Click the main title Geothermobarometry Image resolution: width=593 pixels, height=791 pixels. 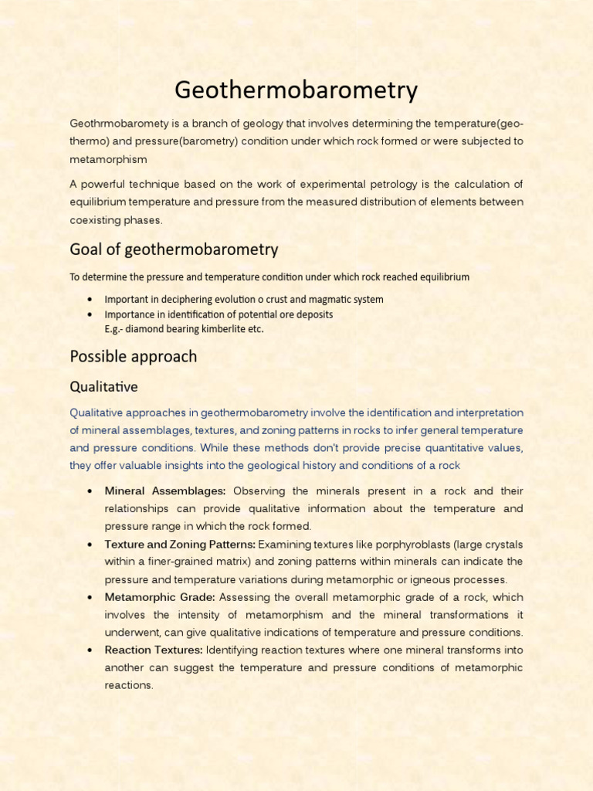point(296,90)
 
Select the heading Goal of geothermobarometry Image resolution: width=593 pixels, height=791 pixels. point(174,250)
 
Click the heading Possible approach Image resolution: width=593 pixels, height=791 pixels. point(133,357)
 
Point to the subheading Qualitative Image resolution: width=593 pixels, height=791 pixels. point(103,386)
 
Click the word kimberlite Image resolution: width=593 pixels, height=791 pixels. point(217,329)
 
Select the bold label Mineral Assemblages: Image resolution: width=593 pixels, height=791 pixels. point(165,491)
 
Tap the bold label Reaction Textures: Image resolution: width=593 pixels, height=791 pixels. point(154,650)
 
